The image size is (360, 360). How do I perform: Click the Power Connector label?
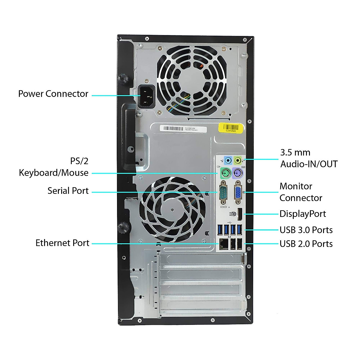(x=53, y=94)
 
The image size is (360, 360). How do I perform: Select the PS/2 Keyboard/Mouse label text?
(x=54, y=167)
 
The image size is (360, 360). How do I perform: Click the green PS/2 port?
(x=225, y=173)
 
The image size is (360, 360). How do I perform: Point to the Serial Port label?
(x=68, y=191)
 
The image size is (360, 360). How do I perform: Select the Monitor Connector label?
(x=301, y=192)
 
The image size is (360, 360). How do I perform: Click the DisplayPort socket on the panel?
(x=240, y=214)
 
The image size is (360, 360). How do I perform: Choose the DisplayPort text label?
(x=302, y=214)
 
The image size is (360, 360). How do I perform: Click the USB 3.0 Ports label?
(x=306, y=230)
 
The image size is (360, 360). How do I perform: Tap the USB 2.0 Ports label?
(x=306, y=244)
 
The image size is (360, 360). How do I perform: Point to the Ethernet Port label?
(x=62, y=243)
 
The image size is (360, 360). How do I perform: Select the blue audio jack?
(x=228, y=160)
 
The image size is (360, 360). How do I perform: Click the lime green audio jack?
(x=238, y=160)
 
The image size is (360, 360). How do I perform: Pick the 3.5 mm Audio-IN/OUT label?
(x=309, y=158)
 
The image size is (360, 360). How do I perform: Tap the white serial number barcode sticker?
(x=183, y=129)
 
